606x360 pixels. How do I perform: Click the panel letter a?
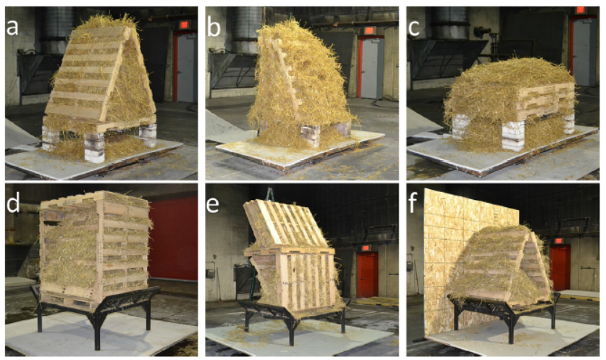12,27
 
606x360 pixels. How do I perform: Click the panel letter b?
214,27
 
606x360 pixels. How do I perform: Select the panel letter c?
414,28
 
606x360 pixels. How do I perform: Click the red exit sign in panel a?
184,25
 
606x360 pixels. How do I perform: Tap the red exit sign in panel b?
369,30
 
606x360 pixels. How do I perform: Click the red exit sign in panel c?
580,10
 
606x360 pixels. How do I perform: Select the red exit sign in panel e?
365,248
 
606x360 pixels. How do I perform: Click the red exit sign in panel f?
557,240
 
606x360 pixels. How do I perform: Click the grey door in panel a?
186,67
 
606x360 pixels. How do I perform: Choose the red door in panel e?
367,275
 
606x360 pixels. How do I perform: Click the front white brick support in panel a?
94,148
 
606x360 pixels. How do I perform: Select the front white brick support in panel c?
513,135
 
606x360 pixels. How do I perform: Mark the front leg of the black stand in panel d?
97,331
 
